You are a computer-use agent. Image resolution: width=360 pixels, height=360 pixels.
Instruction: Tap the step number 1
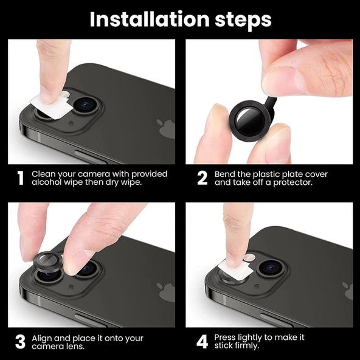pyautogui.click(x=20, y=178)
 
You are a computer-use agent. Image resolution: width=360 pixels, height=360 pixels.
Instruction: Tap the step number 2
pyautogui.click(x=202, y=178)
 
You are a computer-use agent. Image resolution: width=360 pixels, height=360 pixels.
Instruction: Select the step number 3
pyautogui.click(x=20, y=341)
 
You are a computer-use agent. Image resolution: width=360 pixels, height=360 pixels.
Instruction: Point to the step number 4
pyautogui.click(x=202, y=341)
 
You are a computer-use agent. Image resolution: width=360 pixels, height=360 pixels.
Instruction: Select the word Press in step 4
pyautogui.click(x=226, y=337)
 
